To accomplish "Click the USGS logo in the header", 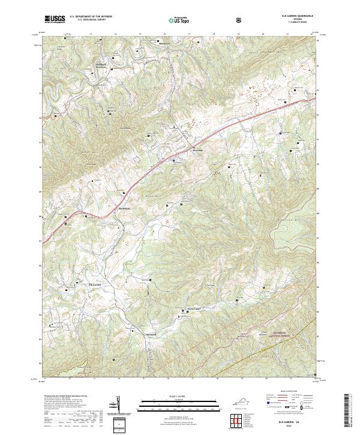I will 55,20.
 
